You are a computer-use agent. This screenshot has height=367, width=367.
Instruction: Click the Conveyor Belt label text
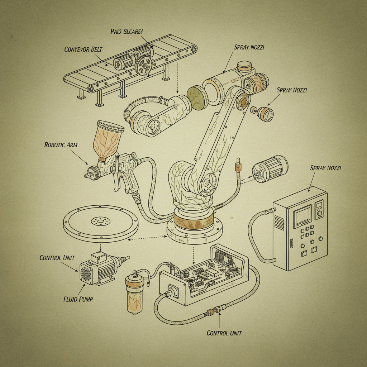[83, 49]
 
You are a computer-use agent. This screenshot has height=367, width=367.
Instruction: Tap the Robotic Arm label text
[61, 145]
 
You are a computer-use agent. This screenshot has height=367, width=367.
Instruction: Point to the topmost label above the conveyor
[127, 32]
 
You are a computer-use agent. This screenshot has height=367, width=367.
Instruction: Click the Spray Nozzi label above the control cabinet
[325, 168]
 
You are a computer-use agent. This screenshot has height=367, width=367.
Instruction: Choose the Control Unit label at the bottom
[224, 333]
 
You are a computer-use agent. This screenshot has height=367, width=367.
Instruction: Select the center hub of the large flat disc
[101, 221]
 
